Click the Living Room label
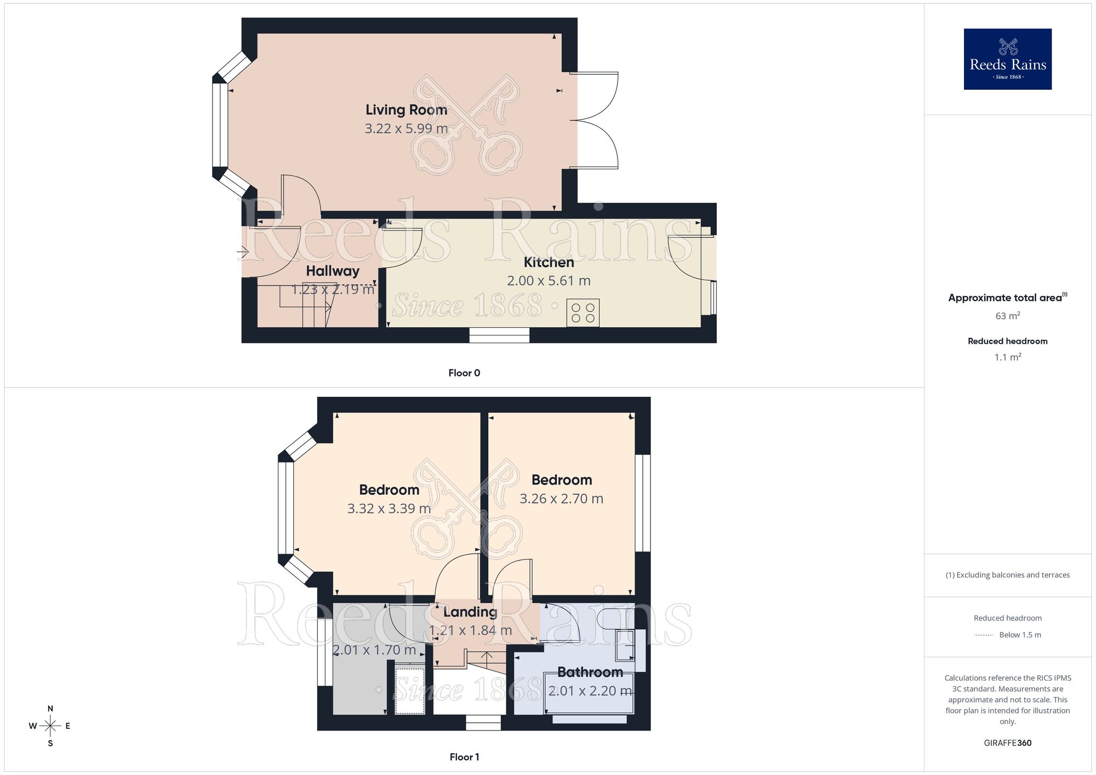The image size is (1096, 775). coord(406,110)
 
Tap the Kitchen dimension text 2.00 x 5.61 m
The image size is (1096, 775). coord(549,281)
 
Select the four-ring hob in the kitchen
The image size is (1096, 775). coord(583,312)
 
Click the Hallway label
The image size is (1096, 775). coord(333,271)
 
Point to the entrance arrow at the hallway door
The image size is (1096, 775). coord(243,252)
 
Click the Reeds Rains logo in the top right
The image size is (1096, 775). coord(1007,59)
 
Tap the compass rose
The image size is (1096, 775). coord(50,726)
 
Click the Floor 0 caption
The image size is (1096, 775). coord(464,373)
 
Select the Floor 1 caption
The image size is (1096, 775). coord(464,757)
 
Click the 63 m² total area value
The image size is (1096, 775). coord(1007,316)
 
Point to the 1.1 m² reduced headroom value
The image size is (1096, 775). coord(1007,357)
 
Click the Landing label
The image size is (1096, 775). coord(470,612)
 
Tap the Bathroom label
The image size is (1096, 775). coord(590,672)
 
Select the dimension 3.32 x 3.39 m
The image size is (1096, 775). coord(389,509)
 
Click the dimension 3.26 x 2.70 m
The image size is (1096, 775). coord(561,499)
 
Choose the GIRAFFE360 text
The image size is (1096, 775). coord(1007,743)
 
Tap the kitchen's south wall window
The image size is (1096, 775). coord(499,335)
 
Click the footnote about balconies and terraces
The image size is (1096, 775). coord(1007,575)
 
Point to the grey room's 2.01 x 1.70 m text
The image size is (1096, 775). coord(374,650)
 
